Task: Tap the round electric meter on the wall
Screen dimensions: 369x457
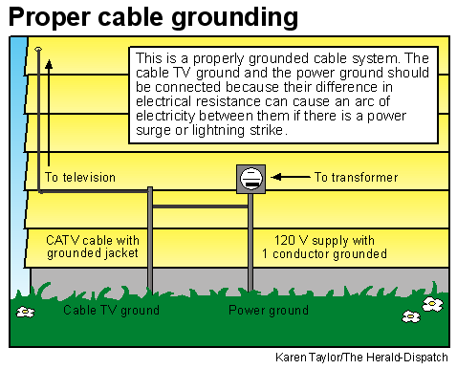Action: tap(250, 178)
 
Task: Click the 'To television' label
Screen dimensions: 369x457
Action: tap(80, 177)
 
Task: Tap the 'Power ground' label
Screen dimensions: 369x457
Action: tap(268, 311)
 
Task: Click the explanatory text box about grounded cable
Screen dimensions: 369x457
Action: tap(280, 94)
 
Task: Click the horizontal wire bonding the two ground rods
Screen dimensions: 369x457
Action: tap(200, 206)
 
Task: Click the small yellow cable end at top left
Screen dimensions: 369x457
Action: tap(38, 48)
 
